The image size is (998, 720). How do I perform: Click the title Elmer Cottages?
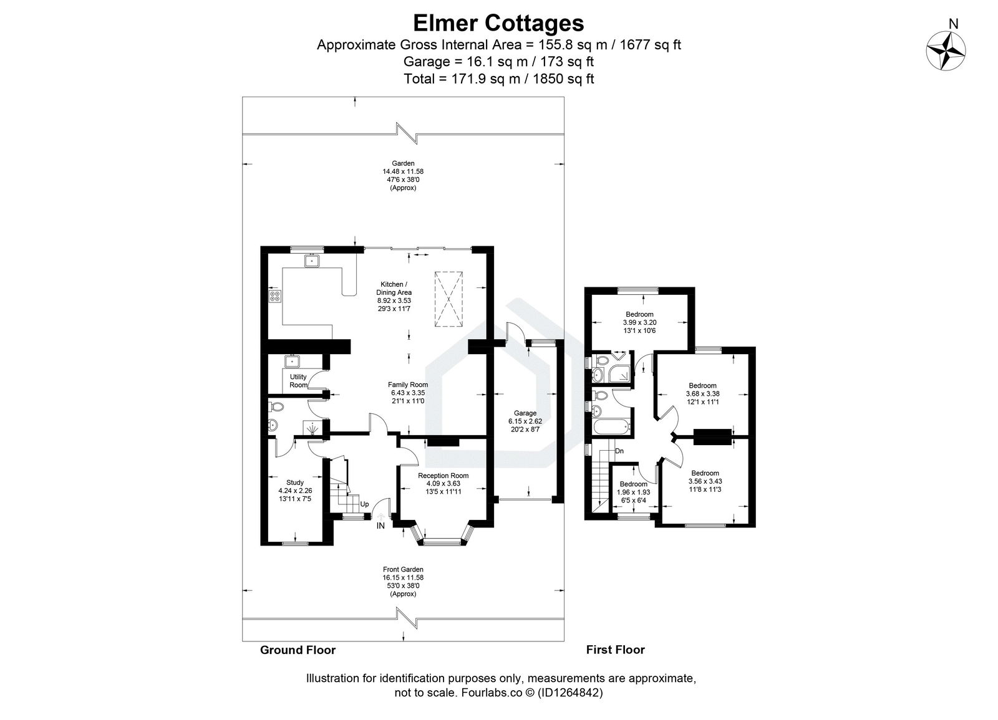(498, 22)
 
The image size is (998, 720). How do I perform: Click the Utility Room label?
(298, 381)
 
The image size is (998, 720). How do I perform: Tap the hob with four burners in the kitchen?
(274, 297)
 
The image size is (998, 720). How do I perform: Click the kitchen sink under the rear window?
(312, 261)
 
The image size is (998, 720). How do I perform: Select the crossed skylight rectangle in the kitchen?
(448, 299)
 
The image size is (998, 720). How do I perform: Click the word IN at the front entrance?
(380, 526)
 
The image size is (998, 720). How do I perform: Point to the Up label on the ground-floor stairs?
(364, 504)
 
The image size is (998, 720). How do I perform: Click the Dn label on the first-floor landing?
(619, 451)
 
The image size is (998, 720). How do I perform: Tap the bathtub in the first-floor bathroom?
(610, 428)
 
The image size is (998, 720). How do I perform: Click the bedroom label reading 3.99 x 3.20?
(639, 322)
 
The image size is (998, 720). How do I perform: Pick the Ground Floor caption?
(298, 650)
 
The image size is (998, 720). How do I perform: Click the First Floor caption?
(615, 650)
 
